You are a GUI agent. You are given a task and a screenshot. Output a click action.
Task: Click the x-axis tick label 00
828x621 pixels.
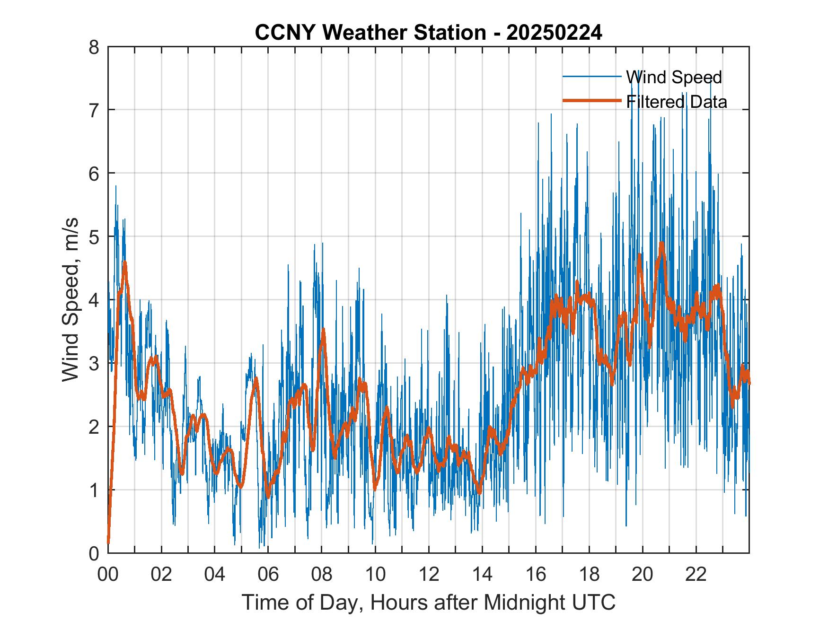tap(108, 574)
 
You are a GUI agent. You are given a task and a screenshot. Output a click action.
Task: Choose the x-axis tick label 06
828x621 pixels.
tap(268, 574)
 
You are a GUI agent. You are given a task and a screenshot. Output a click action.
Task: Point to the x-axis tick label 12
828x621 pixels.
tap(429, 574)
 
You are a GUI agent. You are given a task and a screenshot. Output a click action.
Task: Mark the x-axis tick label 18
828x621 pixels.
tap(589, 574)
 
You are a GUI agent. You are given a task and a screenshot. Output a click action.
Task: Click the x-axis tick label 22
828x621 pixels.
tap(696, 574)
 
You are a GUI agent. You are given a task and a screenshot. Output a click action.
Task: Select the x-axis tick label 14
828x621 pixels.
tap(482, 574)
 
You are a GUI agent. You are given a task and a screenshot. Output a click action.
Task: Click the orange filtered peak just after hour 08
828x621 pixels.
tap(323, 329)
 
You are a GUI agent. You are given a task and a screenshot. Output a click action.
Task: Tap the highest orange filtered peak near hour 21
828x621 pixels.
tap(662, 243)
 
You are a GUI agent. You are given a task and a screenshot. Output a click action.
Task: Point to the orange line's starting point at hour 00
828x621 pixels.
tap(108, 542)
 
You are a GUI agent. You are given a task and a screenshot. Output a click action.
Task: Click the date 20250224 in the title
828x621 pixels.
tap(554, 33)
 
